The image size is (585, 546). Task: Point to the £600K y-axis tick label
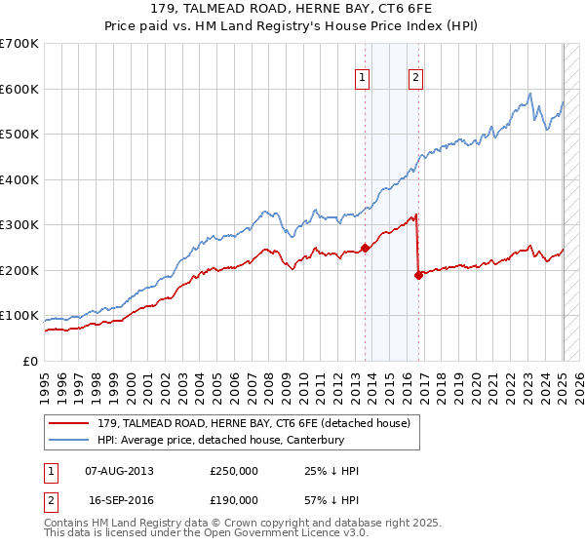tap(19, 89)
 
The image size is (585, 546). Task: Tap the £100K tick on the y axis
tap(19, 316)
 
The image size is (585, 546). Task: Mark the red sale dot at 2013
tap(365, 248)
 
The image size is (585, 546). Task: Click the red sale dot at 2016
tap(418, 275)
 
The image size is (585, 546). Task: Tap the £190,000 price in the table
tap(234, 499)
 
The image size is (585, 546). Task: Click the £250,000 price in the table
tap(234, 471)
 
